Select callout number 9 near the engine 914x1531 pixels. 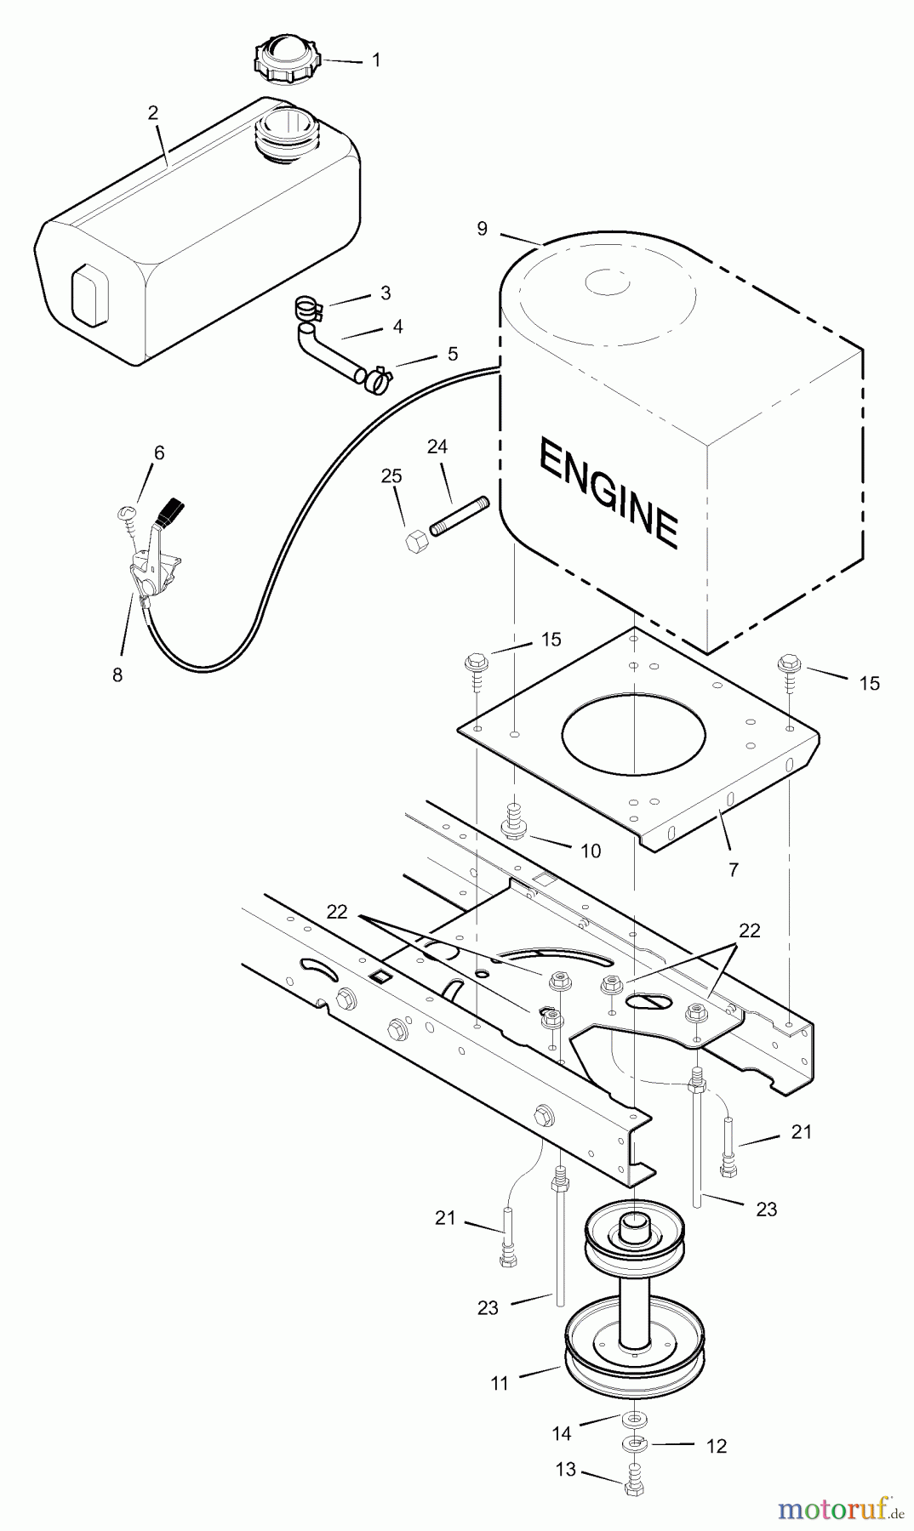point(483,229)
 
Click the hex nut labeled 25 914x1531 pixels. point(416,541)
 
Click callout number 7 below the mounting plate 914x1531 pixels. point(734,869)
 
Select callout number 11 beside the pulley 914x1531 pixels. point(500,1384)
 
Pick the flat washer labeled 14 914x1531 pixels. point(633,1418)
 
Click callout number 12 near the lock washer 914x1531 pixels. point(717,1446)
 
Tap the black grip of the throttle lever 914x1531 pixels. point(173,514)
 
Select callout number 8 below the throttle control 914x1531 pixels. point(117,674)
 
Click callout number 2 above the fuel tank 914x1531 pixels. point(153,112)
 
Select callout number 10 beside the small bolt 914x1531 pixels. point(591,851)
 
